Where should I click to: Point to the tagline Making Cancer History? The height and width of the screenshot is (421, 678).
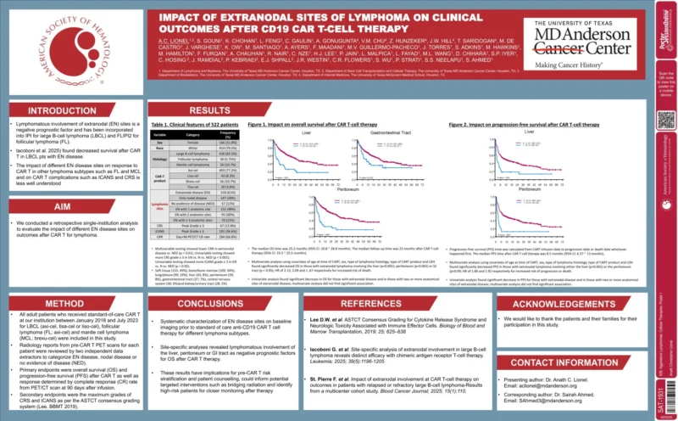coord(560,64)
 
